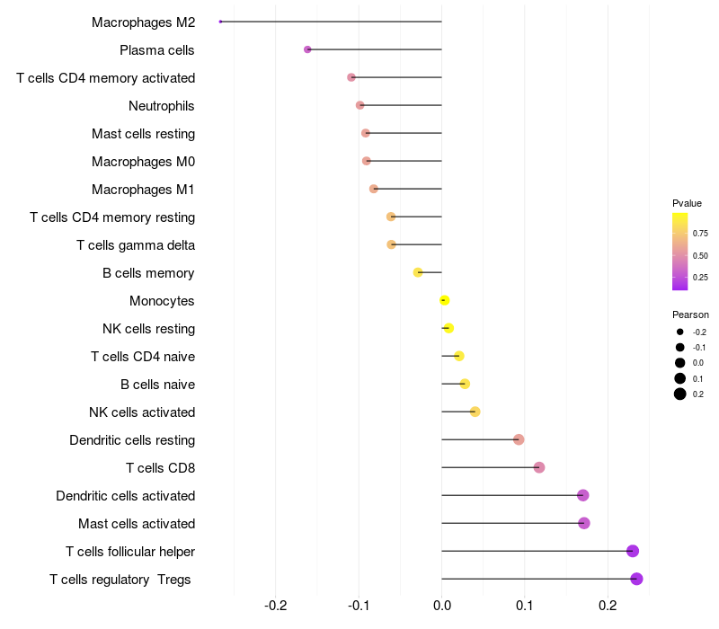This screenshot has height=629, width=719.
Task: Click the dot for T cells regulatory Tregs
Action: click(636, 579)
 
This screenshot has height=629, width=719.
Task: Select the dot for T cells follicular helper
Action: click(633, 551)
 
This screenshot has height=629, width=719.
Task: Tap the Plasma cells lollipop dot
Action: click(307, 49)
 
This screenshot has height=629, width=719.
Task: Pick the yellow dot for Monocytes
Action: click(444, 300)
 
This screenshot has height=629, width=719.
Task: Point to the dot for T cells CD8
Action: click(539, 467)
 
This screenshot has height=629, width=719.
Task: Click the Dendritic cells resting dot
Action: click(519, 439)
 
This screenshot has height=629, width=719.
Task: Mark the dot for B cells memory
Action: click(418, 272)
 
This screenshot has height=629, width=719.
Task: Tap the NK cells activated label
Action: click(142, 412)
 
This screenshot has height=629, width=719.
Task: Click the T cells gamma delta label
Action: click(136, 245)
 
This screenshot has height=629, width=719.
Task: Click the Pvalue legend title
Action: click(687, 203)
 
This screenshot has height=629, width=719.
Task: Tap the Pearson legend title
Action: click(690, 314)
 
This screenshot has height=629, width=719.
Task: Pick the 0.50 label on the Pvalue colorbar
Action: click(700, 255)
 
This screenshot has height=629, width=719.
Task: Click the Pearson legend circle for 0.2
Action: click(680, 394)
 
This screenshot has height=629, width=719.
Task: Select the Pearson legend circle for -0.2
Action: click(680, 332)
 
